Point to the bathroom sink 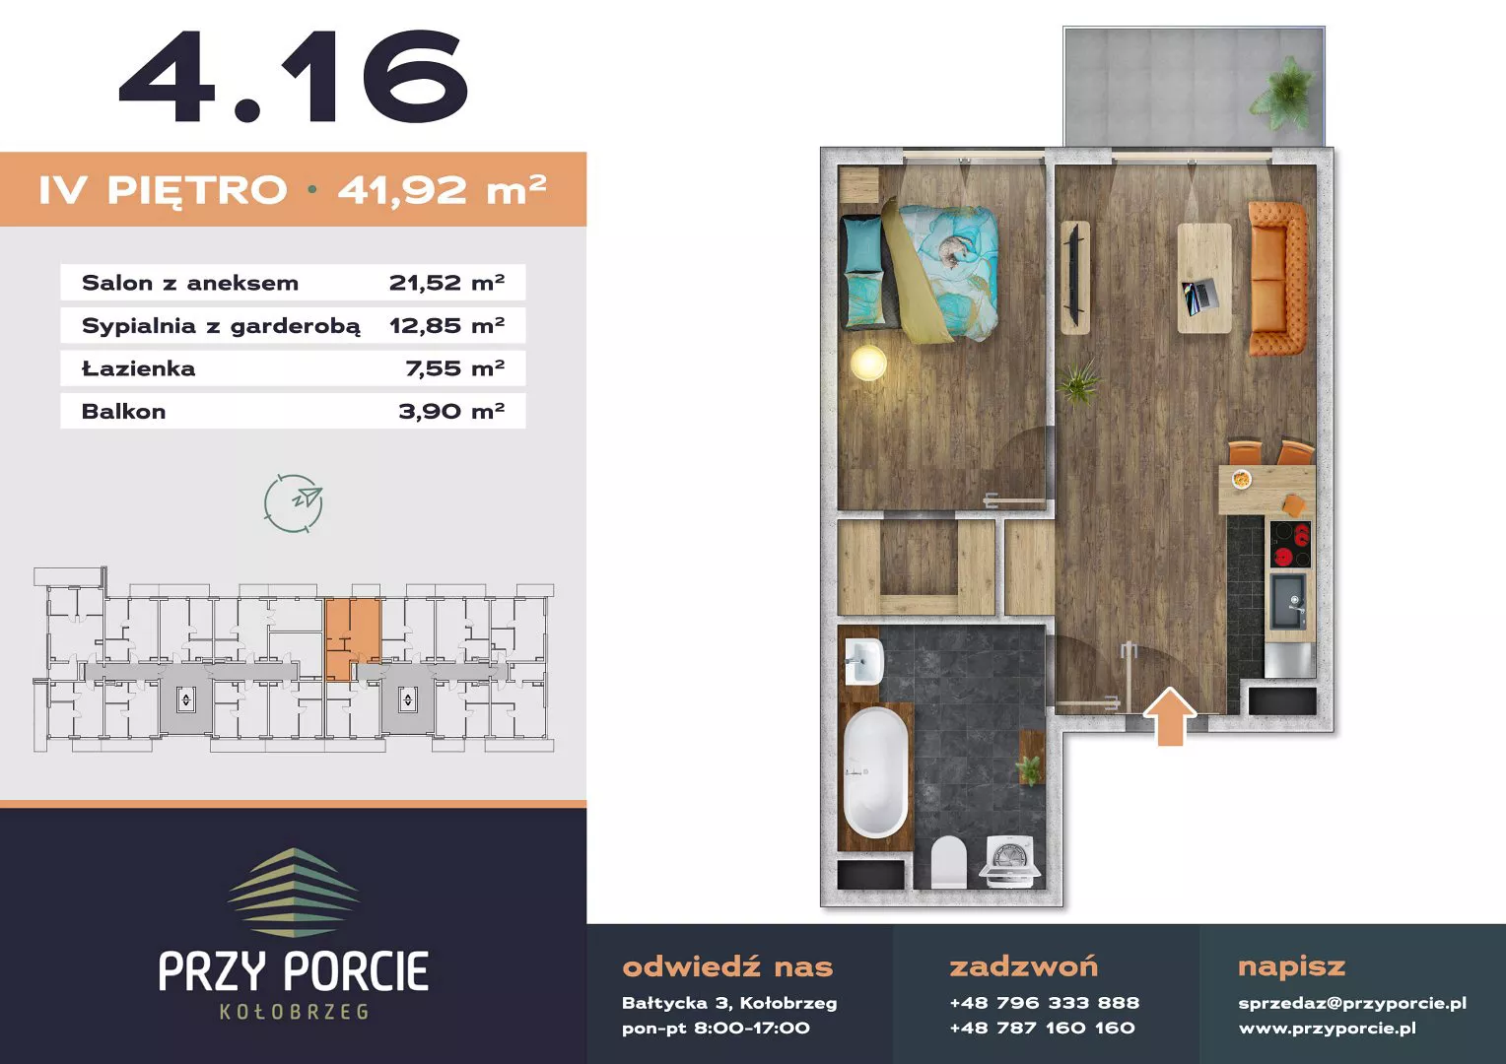(863, 661)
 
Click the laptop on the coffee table (1200, 297)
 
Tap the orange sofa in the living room (1277, 278)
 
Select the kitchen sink (1288, 601)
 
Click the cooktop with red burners (1290, 544)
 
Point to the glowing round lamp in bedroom (868, 362)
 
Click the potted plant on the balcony (1283, 95)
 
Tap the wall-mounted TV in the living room (1074, 277)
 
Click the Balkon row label (124, 412)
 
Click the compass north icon (293, 502)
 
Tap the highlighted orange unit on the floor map (352, 638)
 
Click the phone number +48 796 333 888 (1044, 1003)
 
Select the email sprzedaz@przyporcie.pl (1352, 1003)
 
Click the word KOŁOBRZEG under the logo (294, 1012)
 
